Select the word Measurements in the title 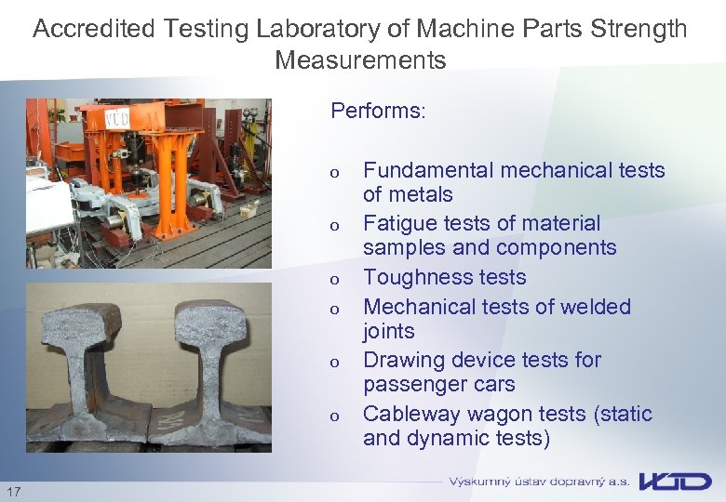(x=360, y=61)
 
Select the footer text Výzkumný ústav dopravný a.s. (x=539, y=482)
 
